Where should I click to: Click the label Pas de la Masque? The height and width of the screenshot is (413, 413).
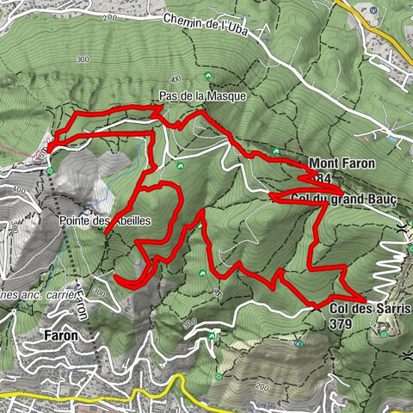coord(202,97)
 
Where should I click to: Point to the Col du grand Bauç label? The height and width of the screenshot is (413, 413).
coord(344,200)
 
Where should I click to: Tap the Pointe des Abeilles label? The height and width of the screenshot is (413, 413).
coord(105,221)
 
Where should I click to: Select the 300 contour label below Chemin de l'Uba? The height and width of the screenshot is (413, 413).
coord(83,59)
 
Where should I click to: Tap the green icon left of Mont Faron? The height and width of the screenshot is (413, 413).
coord(275,152)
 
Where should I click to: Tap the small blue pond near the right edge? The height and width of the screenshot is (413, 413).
coord(392,139)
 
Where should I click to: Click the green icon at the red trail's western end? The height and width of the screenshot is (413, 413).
coord(51,170)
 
